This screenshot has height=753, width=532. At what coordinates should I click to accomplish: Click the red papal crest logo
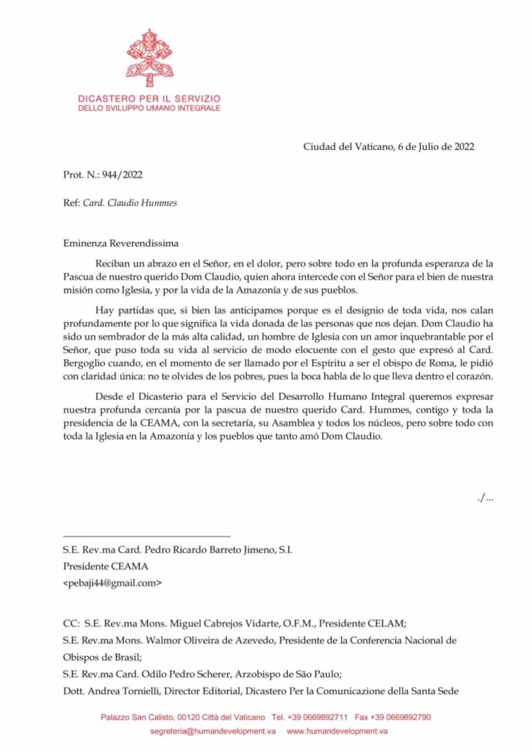(148, 58)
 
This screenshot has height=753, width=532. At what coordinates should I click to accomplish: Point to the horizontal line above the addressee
(147, 535)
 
